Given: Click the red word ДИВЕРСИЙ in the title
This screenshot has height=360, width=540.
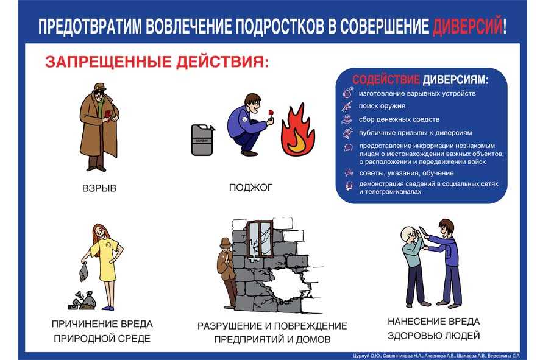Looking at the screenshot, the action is [467, 27].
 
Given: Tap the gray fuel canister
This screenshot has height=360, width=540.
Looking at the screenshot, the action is [202, 139].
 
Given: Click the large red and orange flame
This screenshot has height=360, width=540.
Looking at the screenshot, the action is [297, 130].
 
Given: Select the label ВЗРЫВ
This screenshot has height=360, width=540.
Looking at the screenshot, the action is [99, 188].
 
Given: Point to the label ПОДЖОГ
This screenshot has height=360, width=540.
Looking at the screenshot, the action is [250, 188].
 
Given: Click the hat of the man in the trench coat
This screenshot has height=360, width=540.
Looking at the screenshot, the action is [100, 87].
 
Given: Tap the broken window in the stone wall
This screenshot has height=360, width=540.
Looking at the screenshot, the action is [260, 239].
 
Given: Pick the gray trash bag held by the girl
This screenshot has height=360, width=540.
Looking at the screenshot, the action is [83, 271].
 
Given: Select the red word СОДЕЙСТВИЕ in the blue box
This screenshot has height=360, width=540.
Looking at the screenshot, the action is [386, 80].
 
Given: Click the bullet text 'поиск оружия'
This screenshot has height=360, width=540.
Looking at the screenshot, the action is [382, 106].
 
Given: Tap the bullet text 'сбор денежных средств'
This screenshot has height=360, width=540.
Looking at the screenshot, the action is [399, 119].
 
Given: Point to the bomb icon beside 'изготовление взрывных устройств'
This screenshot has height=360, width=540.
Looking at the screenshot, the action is [348, 93].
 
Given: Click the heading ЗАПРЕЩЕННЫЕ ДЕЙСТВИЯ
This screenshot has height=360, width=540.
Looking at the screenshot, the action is [157, 62].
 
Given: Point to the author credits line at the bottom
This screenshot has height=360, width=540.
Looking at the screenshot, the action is [436, 356].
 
